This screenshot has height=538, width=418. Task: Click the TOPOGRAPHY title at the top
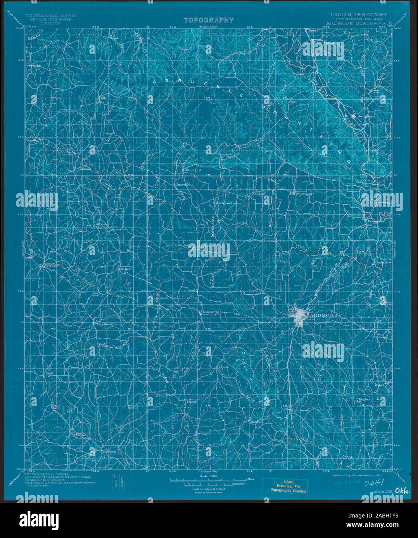(x=209, y=20)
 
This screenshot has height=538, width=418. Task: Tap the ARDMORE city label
(x=323, y=316)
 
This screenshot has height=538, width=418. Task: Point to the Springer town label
(x=304, y=194)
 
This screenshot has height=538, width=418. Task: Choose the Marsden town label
(x=256, y=421)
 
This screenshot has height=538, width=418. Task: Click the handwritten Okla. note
(x=402, y=492)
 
